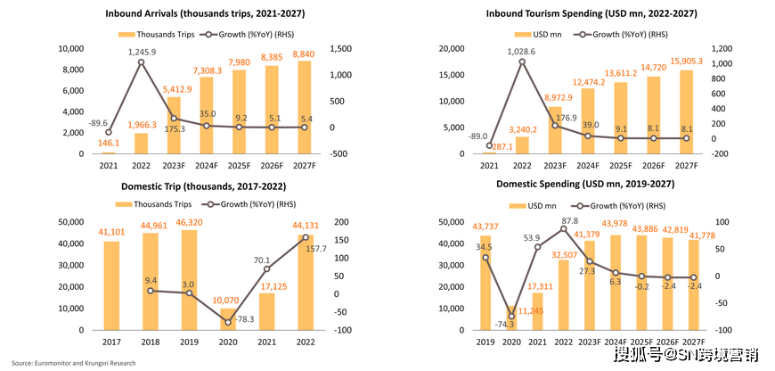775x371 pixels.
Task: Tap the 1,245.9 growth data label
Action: (x=141, y=52)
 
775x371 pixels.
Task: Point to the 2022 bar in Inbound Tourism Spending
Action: (x=522, y=144)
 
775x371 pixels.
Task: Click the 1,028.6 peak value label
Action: (x=522, y=53)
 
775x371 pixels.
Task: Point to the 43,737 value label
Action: (x=485, y=226)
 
